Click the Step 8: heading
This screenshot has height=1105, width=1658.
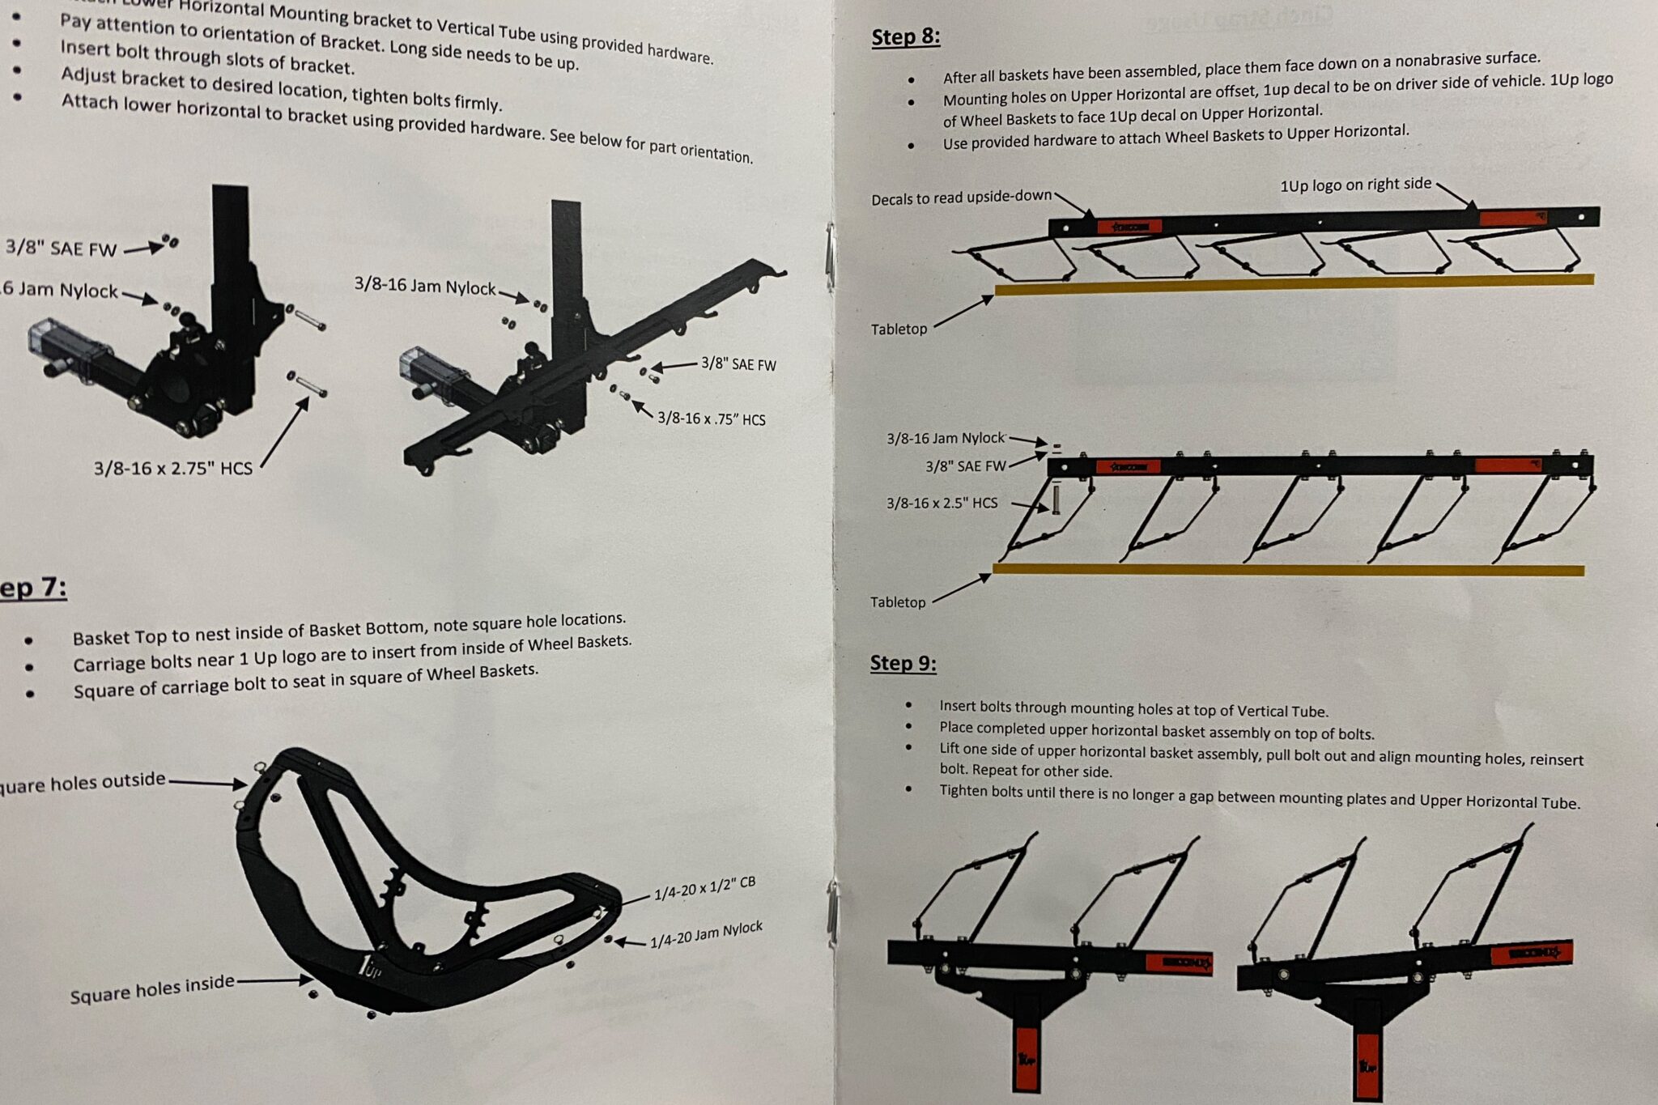coord(905,37)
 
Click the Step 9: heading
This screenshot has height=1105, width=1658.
coord(903,663)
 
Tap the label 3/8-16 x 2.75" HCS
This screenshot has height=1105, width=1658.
coord(172,468)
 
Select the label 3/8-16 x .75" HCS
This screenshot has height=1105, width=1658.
coord(711,419)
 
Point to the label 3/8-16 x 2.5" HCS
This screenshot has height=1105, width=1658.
coord(942,503)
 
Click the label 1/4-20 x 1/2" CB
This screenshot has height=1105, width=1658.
coord(704,888)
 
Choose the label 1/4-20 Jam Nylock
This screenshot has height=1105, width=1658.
coord(706,934)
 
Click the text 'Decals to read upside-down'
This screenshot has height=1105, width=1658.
coord(961,197)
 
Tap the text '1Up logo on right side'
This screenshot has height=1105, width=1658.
coord(1355,185)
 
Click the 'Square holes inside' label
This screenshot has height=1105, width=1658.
coord(151,988)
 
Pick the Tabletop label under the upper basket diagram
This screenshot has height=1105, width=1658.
coord(899,329)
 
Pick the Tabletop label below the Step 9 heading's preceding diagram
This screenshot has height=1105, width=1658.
coord(897,602)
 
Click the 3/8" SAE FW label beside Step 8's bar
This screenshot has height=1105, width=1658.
coord(965,466)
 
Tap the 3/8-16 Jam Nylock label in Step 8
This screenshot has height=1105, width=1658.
coord(945,438)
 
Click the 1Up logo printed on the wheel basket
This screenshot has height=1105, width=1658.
coord(369,969)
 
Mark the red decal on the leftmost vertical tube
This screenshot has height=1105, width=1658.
coord(1026,1056)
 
